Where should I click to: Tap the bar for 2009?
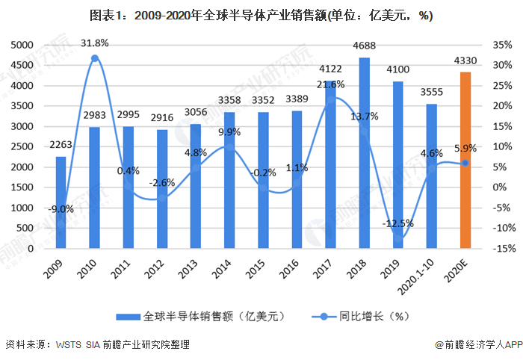(61, 202)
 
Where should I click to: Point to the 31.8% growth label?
(95, 41)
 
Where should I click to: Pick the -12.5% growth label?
(397, 223)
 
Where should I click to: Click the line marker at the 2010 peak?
(95, 58)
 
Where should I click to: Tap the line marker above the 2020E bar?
(465, 163)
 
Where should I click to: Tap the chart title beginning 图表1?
(261, 14)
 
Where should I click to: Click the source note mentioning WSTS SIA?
(97, 344)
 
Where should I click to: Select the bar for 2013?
(196, 186)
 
